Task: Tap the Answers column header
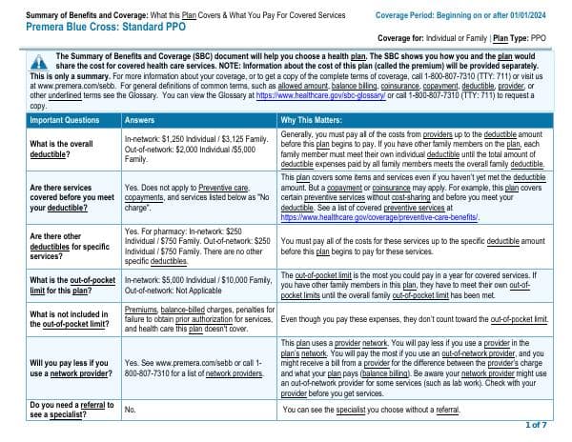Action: (142, 147)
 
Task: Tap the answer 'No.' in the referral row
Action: (131, 410)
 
